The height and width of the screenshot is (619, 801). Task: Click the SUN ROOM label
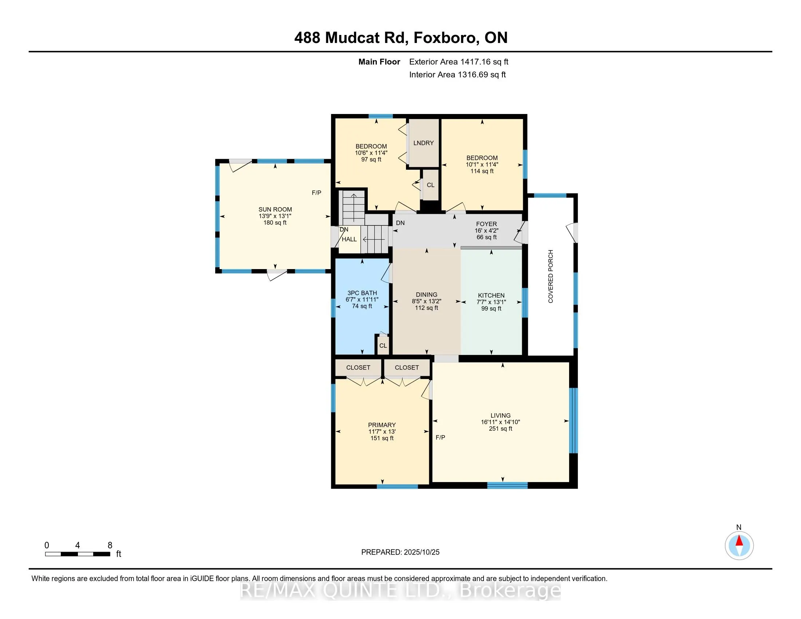click(x=275, y=209)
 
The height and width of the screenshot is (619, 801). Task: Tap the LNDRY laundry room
click(x=423, y=143)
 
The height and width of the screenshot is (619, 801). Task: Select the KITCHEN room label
click(x=491, y=295)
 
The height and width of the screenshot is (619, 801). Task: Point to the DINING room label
click(x=427, y=295)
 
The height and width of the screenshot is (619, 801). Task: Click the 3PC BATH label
click(x=362, y=293)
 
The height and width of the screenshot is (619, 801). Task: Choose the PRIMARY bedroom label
click(x=382, y=425)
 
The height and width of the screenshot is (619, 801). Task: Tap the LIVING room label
click(x=501, y=415)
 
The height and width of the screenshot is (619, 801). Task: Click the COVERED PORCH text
click(x=551, y=276)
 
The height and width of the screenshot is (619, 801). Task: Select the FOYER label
click(x=486, y=224)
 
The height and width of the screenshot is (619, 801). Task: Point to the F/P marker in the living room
click(x=440, y=437)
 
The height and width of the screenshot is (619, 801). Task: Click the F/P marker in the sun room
click(x=316, y=193)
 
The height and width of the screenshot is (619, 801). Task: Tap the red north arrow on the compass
click(x=739, y=541)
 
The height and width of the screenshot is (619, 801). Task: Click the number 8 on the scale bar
click(x=110, y=545)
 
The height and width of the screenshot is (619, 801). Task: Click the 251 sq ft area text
click(x=501, y=429)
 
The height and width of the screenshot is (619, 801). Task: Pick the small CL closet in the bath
click(x=383, y=346)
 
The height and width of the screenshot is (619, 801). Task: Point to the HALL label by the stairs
click(x=349, y=240)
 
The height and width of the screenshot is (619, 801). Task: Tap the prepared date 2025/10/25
click(x=421, y=552)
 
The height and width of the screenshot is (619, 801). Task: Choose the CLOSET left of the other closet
click(x=358, y=367)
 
